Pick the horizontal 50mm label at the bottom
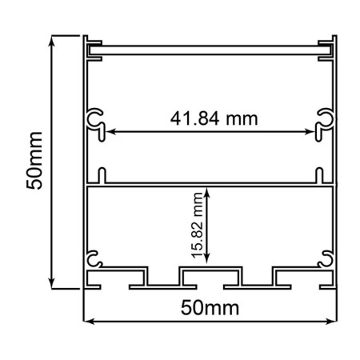tap(210, 307)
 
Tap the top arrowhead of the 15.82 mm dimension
tap(208, 191)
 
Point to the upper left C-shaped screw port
tap(94, 120)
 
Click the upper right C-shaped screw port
tap(326, 120)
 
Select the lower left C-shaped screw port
tap(94, 258)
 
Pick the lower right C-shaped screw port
tap(326, 258)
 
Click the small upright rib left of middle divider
tap(102, 175)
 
